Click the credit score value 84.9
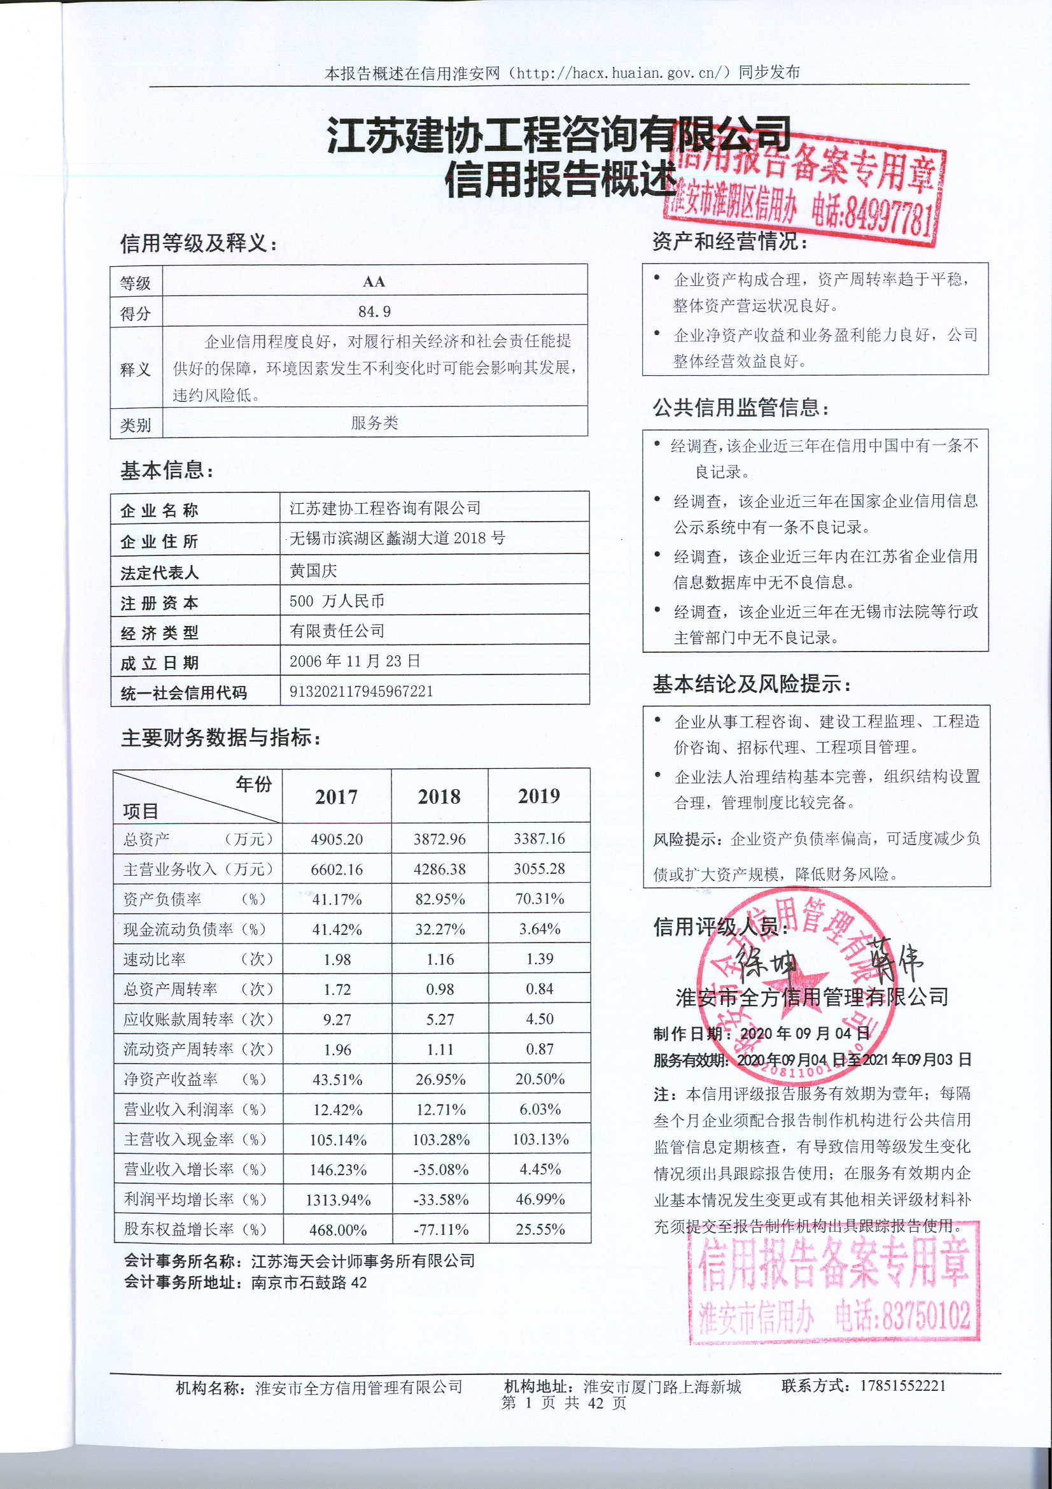tap(375, 312)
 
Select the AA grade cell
tap(374, 281)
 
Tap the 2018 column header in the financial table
tap(439, 797)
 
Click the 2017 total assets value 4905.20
tap(337, 839)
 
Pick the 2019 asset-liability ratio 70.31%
tap(539, 899)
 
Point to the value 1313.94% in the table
tap(338, 1200)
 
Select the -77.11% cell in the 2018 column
tap(441, 1230)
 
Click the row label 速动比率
tap(154, 959)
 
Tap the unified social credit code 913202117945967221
tap(361, 692)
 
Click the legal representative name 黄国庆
tap(313, 571)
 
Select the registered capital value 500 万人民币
tap(337, 601)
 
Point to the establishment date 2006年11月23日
tap(354, 661)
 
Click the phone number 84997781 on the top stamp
tap(871, 216)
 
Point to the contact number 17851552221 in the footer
tap(903, 1386)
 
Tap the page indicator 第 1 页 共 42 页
tap(564, 1403)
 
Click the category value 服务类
tap(374, 423)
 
